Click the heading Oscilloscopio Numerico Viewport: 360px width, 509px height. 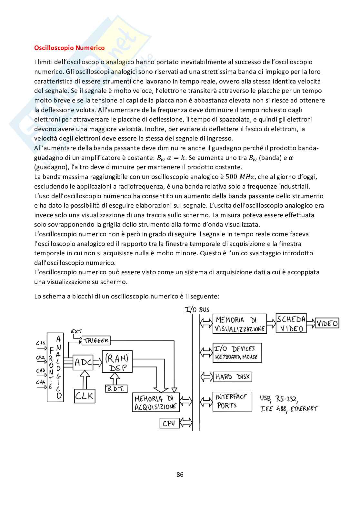point(69,48)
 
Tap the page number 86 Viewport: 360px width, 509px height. point(180,474)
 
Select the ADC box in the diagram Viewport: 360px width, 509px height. point(83,362)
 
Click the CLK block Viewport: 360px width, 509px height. point(85,396)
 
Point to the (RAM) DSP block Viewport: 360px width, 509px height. point(117,362)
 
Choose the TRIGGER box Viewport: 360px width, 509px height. point(96,340)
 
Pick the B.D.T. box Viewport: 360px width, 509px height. point(116,388)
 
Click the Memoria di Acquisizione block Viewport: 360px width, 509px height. point(155,402)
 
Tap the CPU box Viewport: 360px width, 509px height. point(169,423)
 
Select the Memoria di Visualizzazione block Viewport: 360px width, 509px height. point(240,324)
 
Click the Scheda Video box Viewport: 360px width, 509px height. point(291,323)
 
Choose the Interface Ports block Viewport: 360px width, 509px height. point(232,401)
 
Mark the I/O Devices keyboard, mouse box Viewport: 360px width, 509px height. point(237,353)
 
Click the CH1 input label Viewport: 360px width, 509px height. point(41,343)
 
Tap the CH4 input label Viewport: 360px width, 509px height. point(41,383)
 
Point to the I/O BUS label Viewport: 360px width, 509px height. point(197,310)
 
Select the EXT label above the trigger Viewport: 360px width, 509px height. point(76,331)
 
